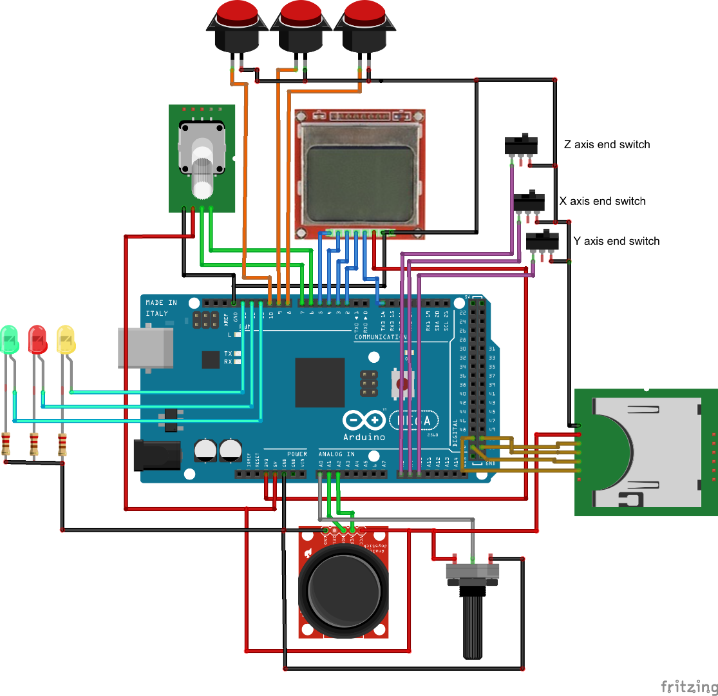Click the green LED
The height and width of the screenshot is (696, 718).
click(x=9, y=339)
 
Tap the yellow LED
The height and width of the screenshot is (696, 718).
click(x=65, y=339)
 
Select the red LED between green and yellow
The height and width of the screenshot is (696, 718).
click(x=37, y=339)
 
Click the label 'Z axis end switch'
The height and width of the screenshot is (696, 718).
click(x=607, y=144)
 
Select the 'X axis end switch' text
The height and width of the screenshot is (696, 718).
click(x=602, y=201)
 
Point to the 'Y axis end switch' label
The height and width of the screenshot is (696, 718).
click(x=616, y=241)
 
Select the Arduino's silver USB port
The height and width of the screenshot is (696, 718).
click(x=146, y=348)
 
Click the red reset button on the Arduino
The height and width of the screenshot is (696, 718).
click(x=403, y=385)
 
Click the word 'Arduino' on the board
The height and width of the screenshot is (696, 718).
click(x=364, y=436)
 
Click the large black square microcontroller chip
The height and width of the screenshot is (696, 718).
click(x=320, y=382)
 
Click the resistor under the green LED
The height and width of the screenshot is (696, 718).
click(x=6, y=445)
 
